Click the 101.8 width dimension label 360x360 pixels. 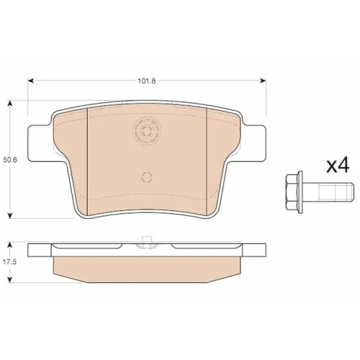147,81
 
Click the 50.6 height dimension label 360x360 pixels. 10,160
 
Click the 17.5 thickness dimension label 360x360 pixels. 9,262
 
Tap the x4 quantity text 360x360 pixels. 338,166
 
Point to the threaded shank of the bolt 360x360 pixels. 328,192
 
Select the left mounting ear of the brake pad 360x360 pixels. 40,143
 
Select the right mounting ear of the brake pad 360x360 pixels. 254,143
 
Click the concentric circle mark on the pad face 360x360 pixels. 147,131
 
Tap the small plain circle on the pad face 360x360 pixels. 147,177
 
